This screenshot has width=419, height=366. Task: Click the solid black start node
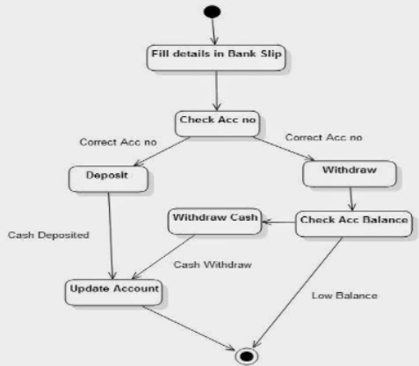coord(211,13)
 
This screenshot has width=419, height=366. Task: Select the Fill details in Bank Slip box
coord(214,57)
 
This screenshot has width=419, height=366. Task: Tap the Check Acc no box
coord(217,122)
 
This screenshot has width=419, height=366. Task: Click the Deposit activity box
coord(107,177)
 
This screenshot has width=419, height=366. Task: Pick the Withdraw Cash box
coord(214,220)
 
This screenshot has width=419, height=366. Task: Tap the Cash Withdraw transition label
coord(212,264)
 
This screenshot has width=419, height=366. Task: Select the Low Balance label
coord(344,295)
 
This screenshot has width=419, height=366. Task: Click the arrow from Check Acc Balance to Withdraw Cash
coord(278,223)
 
